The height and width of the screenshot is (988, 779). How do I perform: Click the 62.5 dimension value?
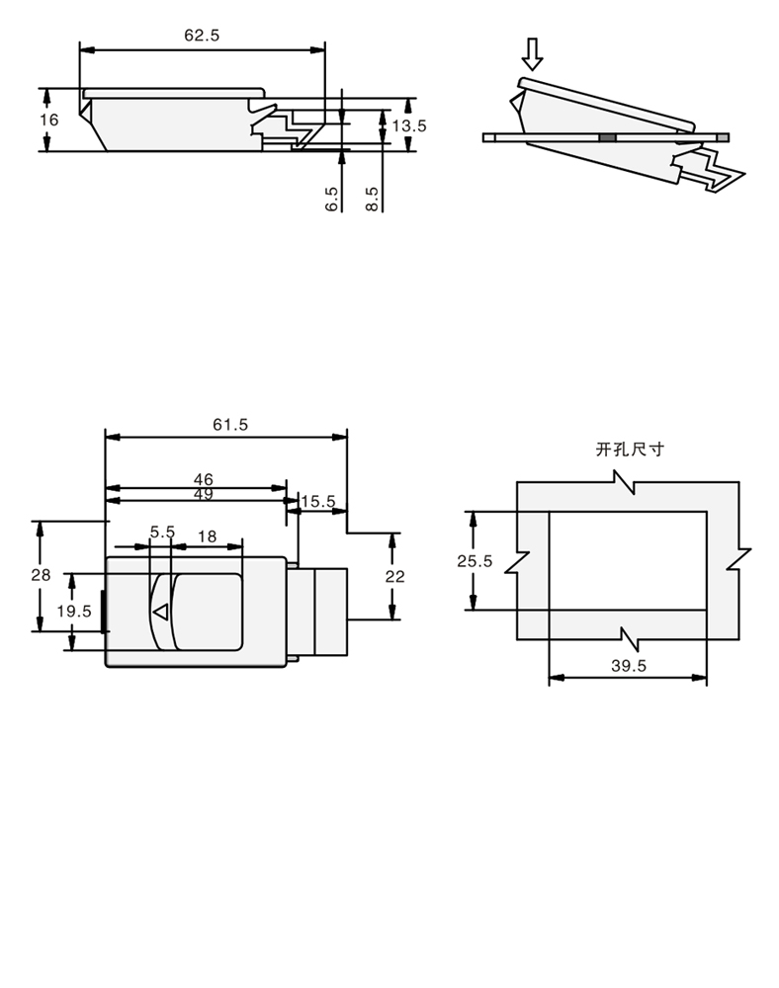pyautogui.click(x=202, y=36)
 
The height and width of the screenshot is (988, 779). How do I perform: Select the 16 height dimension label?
pyautogui.click(x=49, y=120)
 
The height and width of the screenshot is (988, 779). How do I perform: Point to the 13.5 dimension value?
pyautogui.click(x=409, y=125)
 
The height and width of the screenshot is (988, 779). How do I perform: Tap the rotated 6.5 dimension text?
pyautogui.click(x=331, y=199)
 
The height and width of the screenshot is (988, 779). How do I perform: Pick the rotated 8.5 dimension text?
pyautogui.click(x=372, y=199)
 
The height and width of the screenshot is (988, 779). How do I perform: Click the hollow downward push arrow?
pyautogui.click(x=533, y=54)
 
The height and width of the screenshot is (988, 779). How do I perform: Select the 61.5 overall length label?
pyautogui.click(x=230, y=425)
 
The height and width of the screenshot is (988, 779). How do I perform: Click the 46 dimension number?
pyautogui.click(x=203, y=479)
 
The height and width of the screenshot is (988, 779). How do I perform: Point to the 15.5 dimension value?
pyautogui.click(x=318, y=502)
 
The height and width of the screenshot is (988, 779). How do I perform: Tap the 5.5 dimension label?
pyautogui.click(x=162, y=533)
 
